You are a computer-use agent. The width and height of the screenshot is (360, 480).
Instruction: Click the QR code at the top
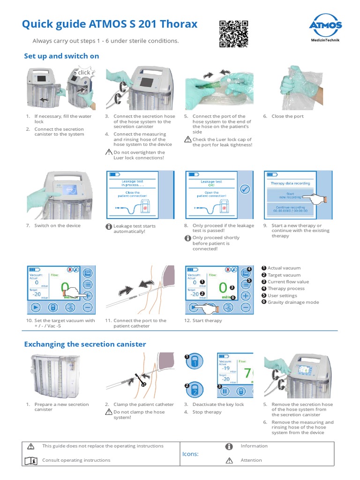coord(234,34)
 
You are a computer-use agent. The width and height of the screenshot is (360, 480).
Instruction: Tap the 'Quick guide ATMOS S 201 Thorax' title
coord(110,24)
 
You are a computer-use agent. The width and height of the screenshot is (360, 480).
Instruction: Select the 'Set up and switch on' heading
coord(61,56)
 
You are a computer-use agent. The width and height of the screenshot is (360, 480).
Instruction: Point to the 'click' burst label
coord(84,72)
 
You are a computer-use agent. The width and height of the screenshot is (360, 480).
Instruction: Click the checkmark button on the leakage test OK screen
coord(244,189)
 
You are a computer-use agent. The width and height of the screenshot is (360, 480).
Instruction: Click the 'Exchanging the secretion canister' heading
coord(85,344)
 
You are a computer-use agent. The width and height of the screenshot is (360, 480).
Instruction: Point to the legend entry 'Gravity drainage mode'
coord(293,302)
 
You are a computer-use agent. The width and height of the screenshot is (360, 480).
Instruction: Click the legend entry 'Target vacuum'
coord(284,275)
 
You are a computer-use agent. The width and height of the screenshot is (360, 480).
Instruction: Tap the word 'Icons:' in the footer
coord(190,454)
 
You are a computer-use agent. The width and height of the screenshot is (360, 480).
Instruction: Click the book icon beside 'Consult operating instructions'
coord(31,460)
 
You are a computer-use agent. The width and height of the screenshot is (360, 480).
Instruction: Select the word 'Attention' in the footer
coord(251,460)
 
